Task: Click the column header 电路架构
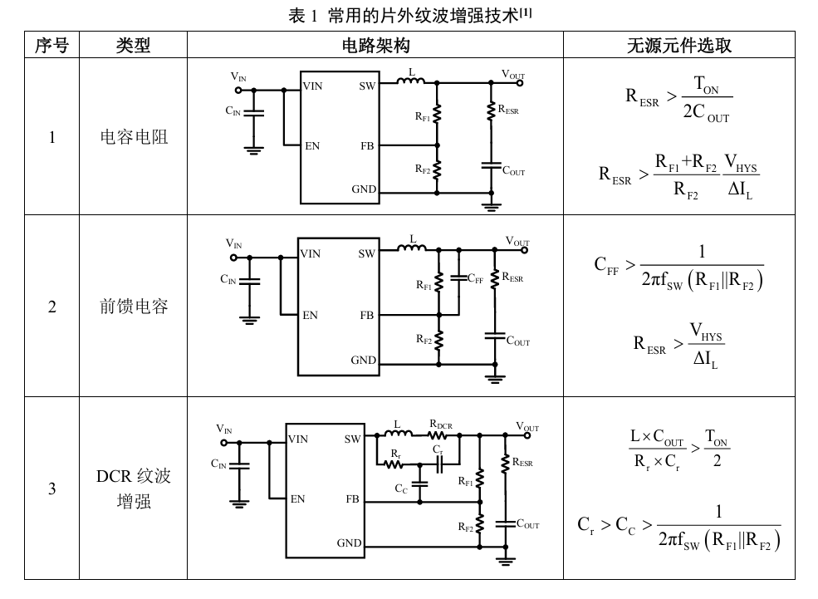[375, 46]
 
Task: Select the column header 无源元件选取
[678, 46]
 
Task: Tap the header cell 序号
[51, 46]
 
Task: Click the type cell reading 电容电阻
[134, 137]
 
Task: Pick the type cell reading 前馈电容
[134, 306]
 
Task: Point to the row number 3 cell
[51, 489]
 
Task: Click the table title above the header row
[410, 15]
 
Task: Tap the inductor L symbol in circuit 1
[411, 81]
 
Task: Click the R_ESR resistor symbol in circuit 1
[490, 111]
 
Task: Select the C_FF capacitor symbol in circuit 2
[458, 278]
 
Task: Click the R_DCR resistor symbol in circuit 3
[437, 435]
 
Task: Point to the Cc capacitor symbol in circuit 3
[420, 484]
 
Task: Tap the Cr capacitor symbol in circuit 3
[438, 464]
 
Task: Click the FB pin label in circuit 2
[367, 315]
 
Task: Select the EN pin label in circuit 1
[312, 146]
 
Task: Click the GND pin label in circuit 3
[349, 543]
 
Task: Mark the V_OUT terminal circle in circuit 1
[520, 83]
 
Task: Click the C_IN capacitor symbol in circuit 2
[249, 281]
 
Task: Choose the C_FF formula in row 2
[678, 268]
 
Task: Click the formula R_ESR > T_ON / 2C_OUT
[678, 98]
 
